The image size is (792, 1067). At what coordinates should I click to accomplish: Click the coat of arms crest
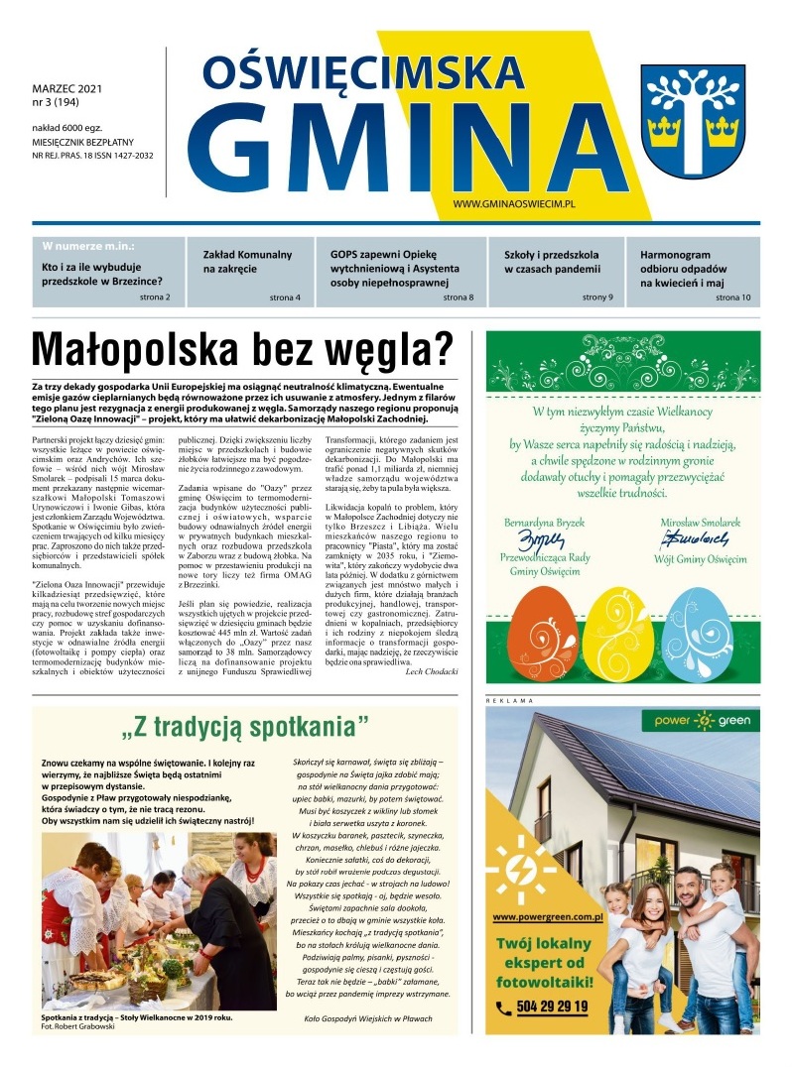pyautogui.click(x=692, y=115)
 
